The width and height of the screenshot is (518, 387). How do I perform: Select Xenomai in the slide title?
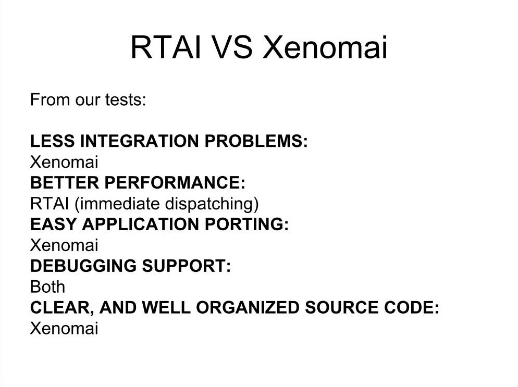tap(325, 47)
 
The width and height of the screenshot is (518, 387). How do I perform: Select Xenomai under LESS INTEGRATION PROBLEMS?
tap(64, 162)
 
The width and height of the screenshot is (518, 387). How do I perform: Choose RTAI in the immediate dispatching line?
tap(50, 204)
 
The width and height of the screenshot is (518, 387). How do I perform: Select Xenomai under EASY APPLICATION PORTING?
tap(64, 245)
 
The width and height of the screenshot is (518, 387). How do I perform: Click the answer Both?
tap(47, 287)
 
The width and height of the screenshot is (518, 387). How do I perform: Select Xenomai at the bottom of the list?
tap(64, 329)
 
